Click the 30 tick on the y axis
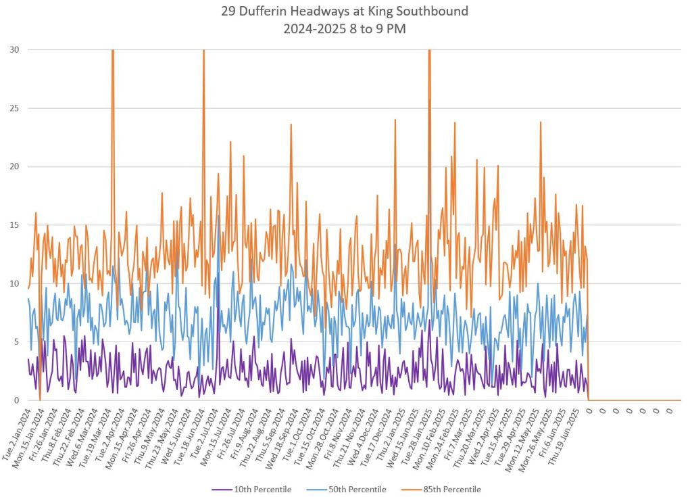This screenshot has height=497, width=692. click(14, 49)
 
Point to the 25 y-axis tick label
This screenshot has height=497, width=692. click(14, 108)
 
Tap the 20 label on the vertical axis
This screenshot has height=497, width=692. click(14, 166)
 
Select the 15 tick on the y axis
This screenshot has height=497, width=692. click(14, 225)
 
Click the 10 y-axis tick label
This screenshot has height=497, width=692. click(14, 283)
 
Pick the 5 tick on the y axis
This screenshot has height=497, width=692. click(16, 342)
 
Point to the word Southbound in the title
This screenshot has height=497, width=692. click(435, 11)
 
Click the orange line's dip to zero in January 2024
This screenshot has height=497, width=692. click(40, 400)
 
